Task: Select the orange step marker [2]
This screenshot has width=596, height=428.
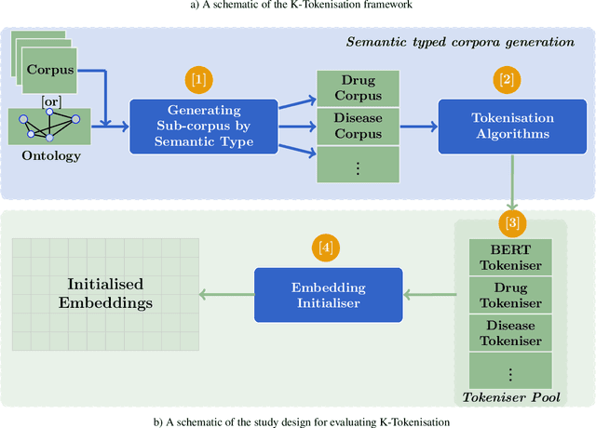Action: (x=507, y=78)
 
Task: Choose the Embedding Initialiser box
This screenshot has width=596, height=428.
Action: (x=328, y=294)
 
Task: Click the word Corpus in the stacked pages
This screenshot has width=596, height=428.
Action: (x=50, y=69)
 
